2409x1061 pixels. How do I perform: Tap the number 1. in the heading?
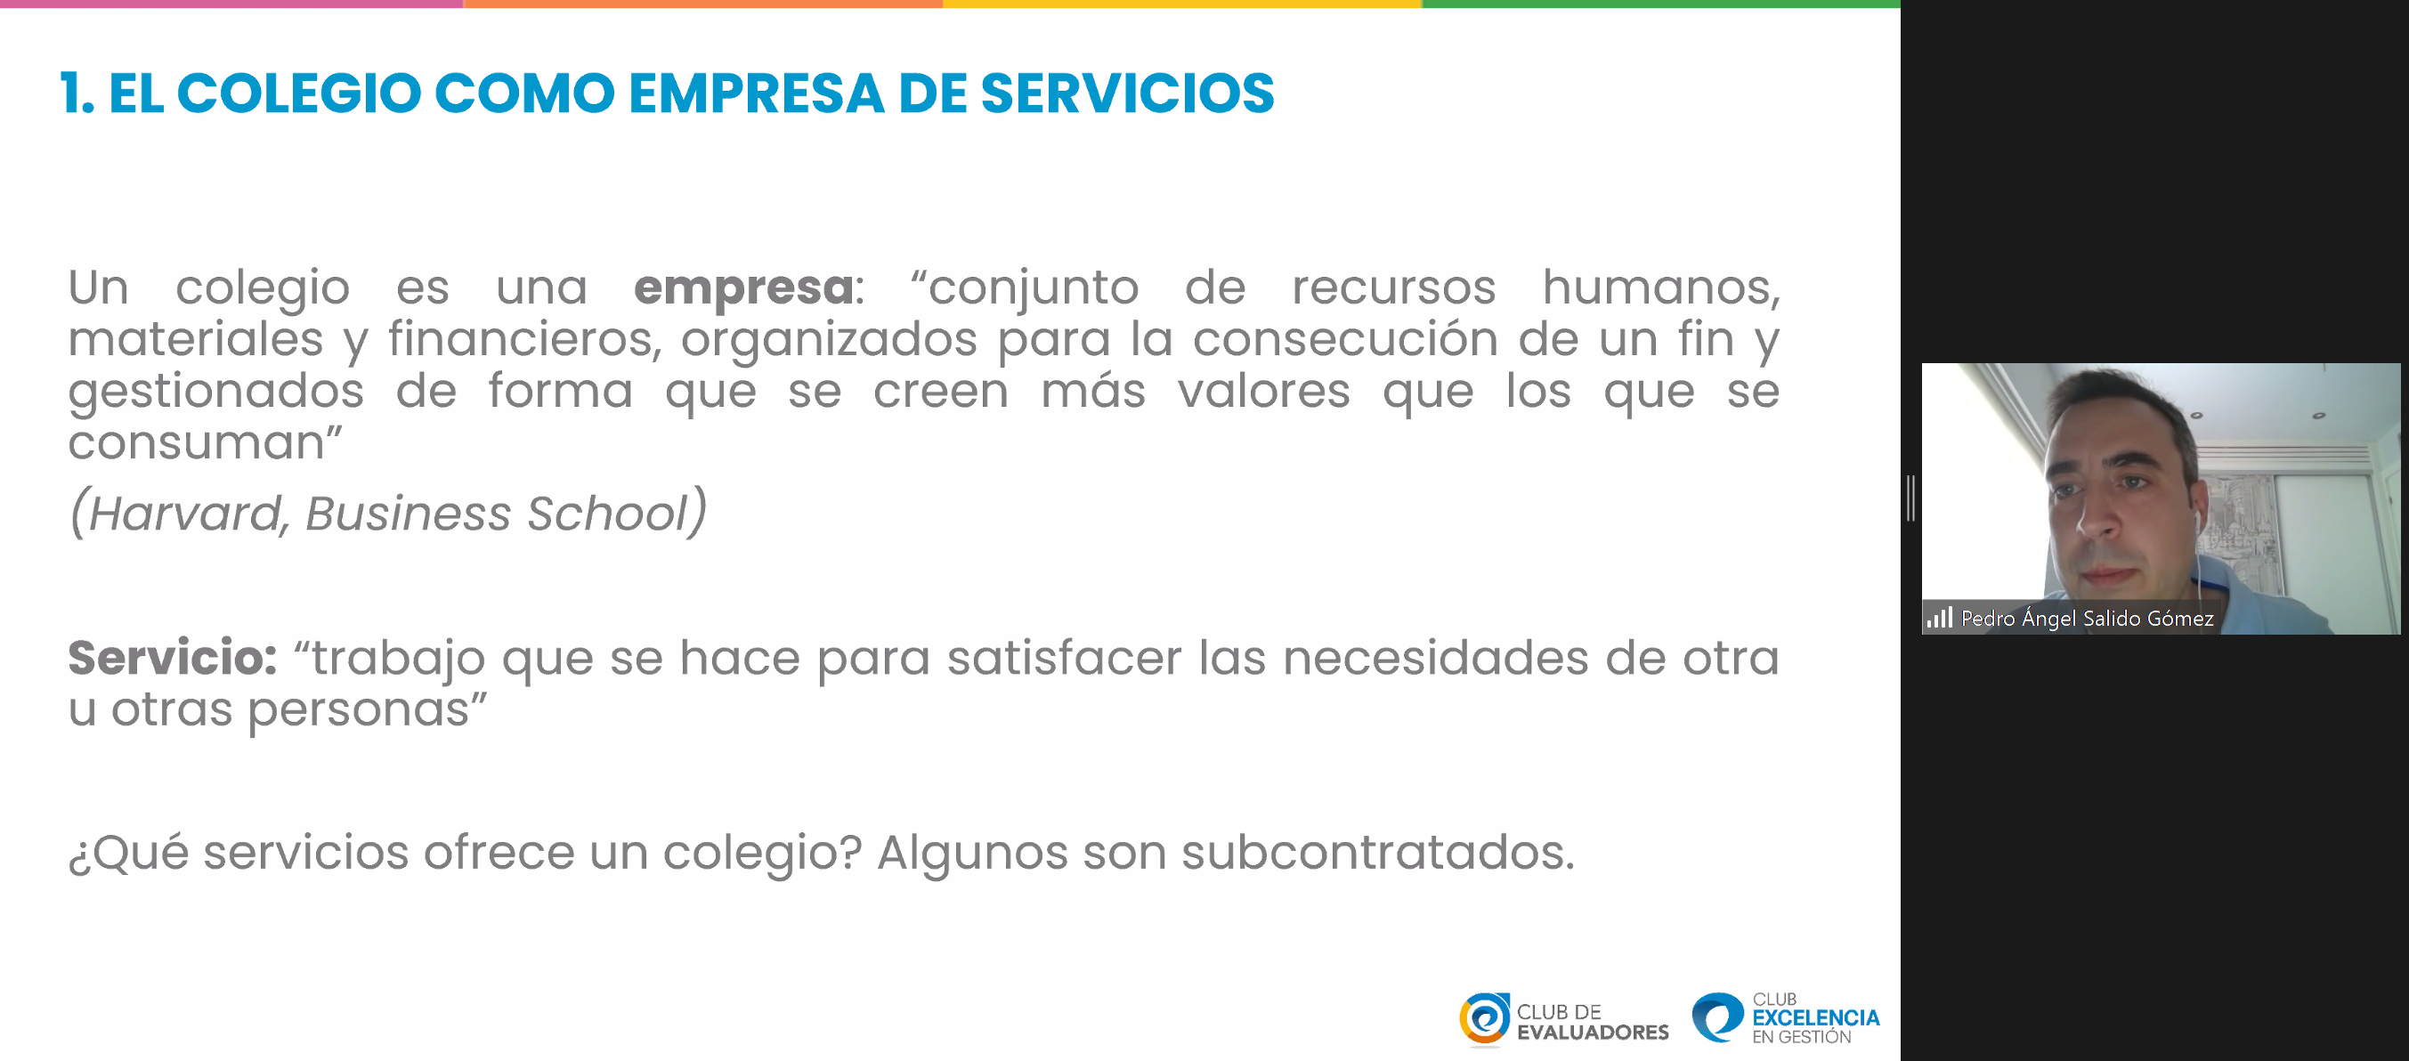pos(77,93)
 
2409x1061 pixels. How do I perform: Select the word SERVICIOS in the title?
pos(1127,93)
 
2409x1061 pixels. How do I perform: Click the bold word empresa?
pos(743,288)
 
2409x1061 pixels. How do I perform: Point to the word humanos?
pos(1661,287)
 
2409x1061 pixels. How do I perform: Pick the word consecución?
pos(1345,338)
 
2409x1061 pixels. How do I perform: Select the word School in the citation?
pos(608,513)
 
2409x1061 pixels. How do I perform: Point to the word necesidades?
pos(1434,658)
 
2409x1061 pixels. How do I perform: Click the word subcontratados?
pos(1377,853)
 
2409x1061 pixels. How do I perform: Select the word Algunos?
pos(971,854)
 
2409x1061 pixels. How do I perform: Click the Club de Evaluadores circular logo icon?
pos(1484,1019)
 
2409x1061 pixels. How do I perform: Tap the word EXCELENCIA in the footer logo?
pos(1815,1018)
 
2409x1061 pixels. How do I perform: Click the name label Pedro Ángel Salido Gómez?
pos(2087,618)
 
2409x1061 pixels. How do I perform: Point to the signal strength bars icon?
pos(1939,618)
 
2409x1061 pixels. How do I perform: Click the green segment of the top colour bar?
pos(1661,4)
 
